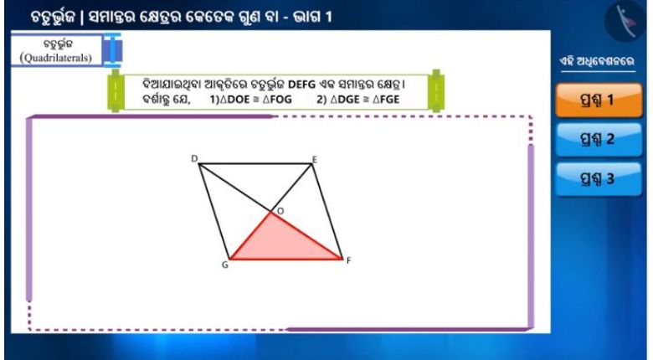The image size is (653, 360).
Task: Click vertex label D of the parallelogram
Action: tap(194, 159)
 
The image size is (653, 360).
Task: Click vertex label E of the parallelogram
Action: tap(315, 160)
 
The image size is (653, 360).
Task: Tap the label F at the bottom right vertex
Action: tap(349, 260)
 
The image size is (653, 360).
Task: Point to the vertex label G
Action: tap(225, 265)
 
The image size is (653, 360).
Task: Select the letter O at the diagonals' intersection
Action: tap(280, 211)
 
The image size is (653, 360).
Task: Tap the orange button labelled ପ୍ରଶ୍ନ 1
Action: tap(599, 100)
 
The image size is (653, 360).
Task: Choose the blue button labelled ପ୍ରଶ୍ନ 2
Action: tap(599, 139)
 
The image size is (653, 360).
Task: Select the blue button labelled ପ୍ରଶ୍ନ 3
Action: tap(599, 179)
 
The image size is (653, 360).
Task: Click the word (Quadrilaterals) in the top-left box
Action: tap(56, 58)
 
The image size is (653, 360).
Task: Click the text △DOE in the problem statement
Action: tap(235, 100)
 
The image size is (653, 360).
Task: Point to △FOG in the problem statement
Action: tap(277, 100)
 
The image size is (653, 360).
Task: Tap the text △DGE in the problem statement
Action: tap(345, 100)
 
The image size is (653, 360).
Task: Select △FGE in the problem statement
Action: tap(386, 100)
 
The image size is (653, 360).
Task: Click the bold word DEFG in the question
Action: tap(302, 85)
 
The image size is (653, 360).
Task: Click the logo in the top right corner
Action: tap(625, 22)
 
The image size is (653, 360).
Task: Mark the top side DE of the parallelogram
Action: tap(255, 164)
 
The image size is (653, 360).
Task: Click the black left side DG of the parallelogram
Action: tap(214, 211)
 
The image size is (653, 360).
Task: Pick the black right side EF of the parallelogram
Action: tap(326, 211)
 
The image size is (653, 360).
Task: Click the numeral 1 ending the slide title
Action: tap(328, 17)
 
